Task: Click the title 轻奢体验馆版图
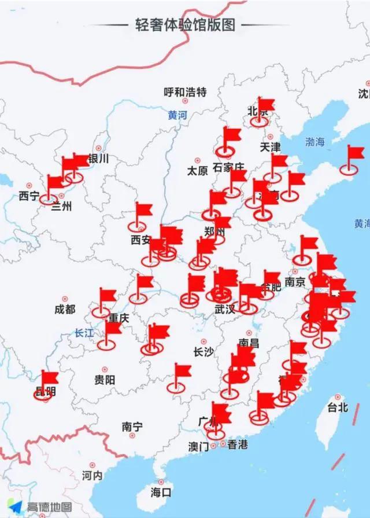coord(184,26)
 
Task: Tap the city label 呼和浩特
coord(184,92)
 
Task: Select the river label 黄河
coord(177,115)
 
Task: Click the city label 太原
coord(197,171)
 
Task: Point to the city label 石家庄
coord(230,167)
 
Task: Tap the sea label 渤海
coord(316,142)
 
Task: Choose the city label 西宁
coord(29,196)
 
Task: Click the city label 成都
coord(65,310)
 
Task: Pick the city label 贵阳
coord(105,380)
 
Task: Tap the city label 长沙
coord(203,352)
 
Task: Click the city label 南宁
coord(132,427)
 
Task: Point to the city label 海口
coord(161,493)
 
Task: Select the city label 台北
coord(337,407)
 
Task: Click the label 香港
coord(238,444)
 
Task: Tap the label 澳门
coord(198,446)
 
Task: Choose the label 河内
coord(92,476)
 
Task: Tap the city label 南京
coord(295,282)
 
